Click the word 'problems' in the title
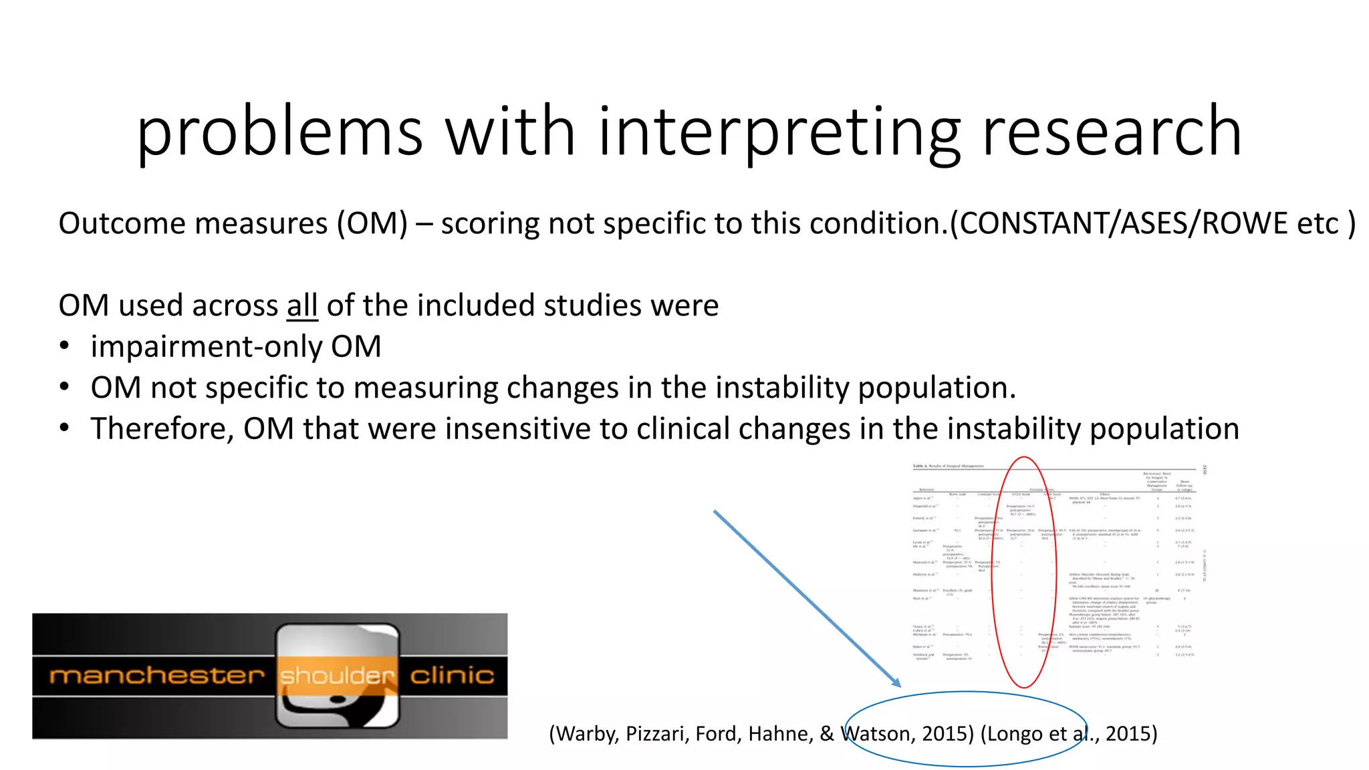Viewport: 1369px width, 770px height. click(279, 132)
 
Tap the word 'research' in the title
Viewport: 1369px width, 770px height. click(1111, 132)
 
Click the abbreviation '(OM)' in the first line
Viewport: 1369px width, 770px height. click(372, 223)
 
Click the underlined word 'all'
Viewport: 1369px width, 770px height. click(302, 305)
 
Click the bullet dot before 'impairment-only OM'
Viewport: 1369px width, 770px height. click(64, 346)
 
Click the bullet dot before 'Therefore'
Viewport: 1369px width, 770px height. click(64, 428)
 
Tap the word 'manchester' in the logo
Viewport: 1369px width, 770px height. click(157, 676)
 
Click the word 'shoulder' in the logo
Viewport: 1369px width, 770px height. click(338, 676)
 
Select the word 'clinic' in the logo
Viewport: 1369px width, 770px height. click(452, 676)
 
